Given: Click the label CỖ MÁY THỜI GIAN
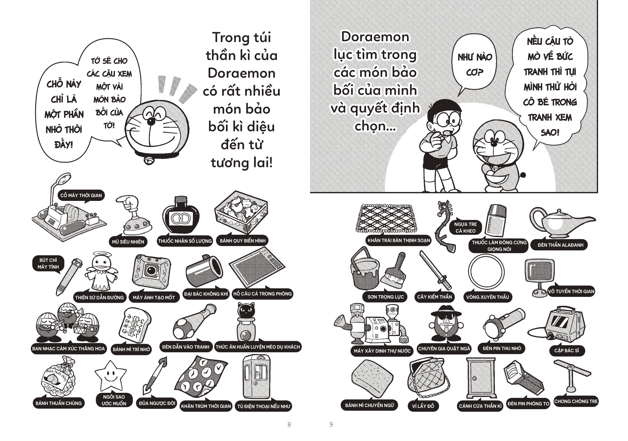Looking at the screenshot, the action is point(81,195).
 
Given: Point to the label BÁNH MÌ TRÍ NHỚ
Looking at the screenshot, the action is point(131,349).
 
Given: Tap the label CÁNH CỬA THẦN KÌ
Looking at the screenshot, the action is point(480,406).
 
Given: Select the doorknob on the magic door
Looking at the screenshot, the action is point(475,378).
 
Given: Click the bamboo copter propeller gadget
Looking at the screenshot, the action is point(572,376).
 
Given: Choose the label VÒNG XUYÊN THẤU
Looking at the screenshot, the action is point(487,297).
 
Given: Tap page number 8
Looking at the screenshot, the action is point(289,424).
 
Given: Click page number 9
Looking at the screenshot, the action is point(331,424).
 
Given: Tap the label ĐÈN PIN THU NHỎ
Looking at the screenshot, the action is point(502,348).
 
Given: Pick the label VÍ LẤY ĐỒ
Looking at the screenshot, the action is point(423,406).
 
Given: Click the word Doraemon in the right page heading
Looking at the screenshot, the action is point(375,37).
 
